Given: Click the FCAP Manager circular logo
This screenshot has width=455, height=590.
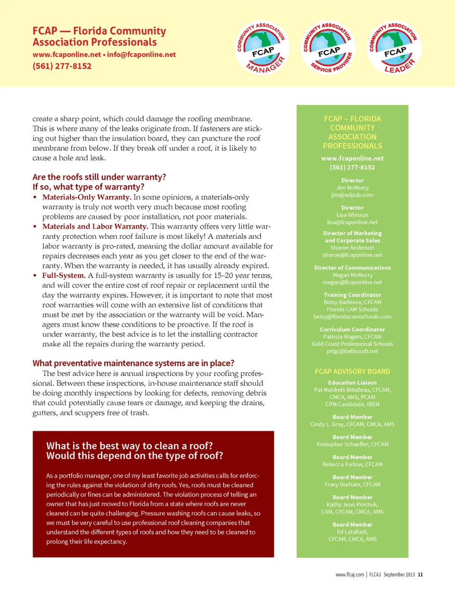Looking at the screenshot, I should tap(262, 48).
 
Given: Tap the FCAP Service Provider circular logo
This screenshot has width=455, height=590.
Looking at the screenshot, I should tap(328, 48).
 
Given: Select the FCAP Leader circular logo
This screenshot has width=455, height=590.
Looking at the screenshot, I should tap(394, 48).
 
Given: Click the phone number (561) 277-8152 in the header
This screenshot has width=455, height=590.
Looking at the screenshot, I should tap(62, 66).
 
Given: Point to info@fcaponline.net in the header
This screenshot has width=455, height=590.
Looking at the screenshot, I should tap(141, 54).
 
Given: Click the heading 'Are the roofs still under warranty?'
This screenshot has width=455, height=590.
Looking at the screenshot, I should tap(99, 177).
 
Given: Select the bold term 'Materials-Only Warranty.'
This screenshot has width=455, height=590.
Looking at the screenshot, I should tap(87, 197).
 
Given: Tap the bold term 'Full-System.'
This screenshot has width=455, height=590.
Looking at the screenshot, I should tap(64, 275).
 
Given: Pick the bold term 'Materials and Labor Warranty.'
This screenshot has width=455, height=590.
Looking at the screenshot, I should tap(95, 227).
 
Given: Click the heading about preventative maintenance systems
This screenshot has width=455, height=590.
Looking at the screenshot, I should tap(133, 363).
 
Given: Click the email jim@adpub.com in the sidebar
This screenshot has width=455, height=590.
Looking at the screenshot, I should tap(352, 195).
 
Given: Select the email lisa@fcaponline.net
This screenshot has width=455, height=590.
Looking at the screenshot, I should tap(352, 222).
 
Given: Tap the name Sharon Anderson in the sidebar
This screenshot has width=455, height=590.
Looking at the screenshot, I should tap(352, 247).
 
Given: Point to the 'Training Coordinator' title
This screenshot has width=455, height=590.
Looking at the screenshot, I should tap(352, 295).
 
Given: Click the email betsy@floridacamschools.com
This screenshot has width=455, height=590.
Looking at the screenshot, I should tap(352, 317).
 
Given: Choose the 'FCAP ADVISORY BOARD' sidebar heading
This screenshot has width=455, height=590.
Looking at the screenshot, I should tap(352, 372).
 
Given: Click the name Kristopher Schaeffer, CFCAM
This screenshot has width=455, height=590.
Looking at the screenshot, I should tap(352, 444).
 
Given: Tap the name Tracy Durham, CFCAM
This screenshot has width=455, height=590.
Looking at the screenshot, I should tap(352, 484).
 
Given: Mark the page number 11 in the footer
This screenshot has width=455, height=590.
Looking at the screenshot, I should tap(420, 574).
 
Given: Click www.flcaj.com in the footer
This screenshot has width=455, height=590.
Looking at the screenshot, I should tap(350, 574).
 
